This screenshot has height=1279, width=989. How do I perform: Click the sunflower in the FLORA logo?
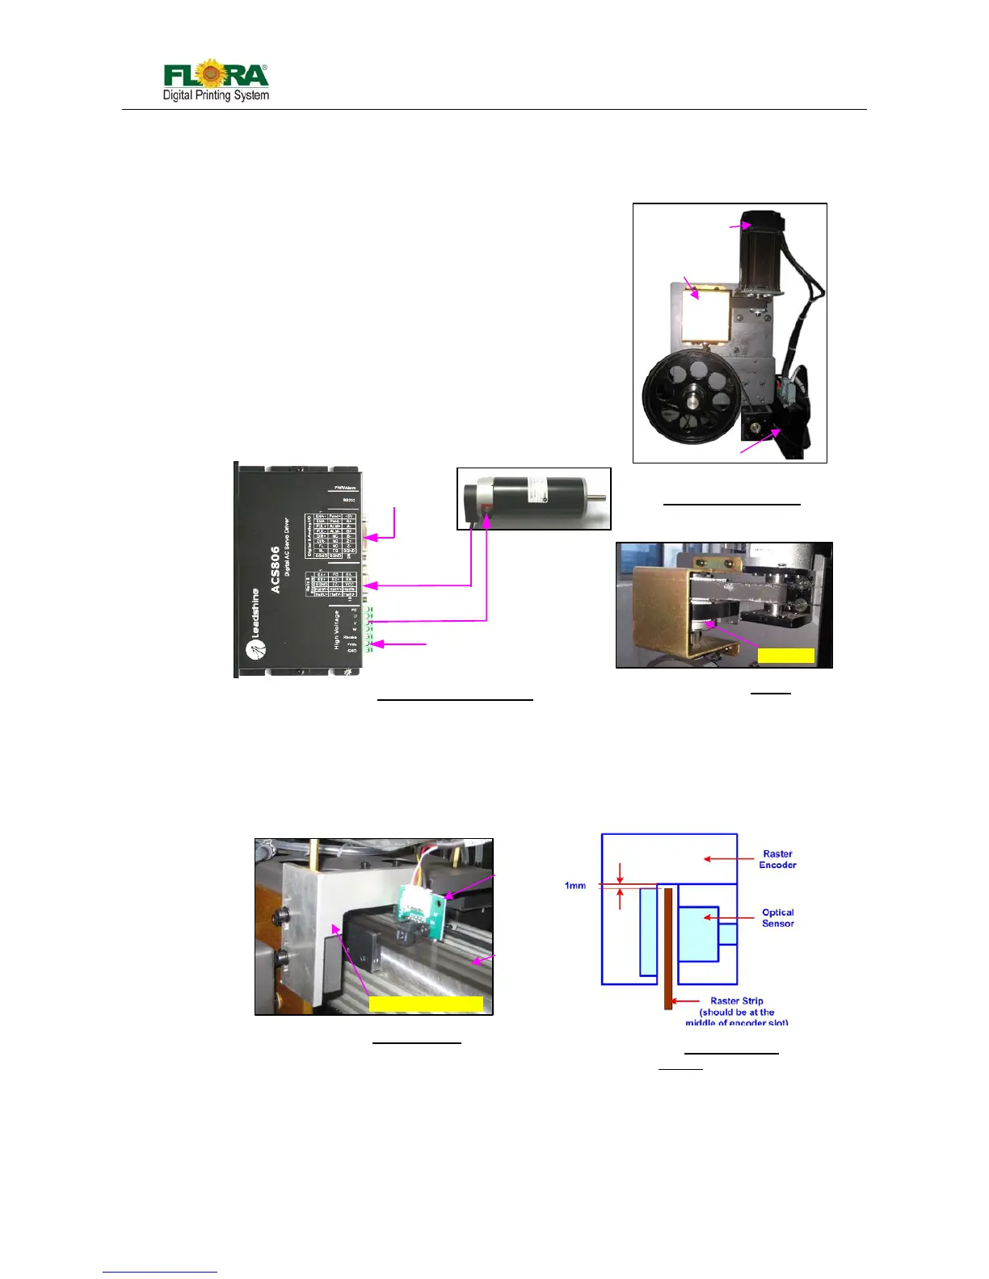coord(212,73)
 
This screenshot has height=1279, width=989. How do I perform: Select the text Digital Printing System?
coord(216,95)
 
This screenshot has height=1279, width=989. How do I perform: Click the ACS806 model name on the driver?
coord(276,569)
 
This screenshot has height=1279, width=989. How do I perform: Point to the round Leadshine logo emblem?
coord(256,650)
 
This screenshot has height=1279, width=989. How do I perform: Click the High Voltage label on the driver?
coord(337,629)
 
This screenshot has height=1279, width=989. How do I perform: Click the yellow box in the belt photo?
coord(785,655)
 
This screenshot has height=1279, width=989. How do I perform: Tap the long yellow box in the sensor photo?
coord(426,1004)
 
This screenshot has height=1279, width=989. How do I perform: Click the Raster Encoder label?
coord(777,859)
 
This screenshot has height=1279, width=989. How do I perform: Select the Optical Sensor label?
coord(777,918)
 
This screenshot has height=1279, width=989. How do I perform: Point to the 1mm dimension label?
coord(574,886)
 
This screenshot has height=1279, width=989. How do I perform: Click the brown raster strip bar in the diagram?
coord(668,949)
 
